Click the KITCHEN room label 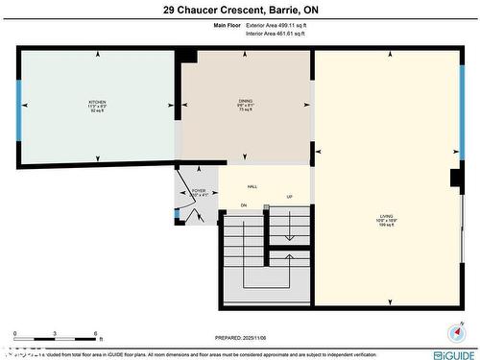click(97, 101)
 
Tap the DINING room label click(246, 101)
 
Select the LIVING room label click(387, 218)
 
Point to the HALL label click(252, 186)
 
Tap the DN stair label click(244, 205)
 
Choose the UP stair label click(289, 198)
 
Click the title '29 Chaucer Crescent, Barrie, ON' click(239, 11)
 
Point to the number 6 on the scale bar click(97, 336)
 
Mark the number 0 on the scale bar click(15, 336)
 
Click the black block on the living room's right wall click(455, 178)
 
